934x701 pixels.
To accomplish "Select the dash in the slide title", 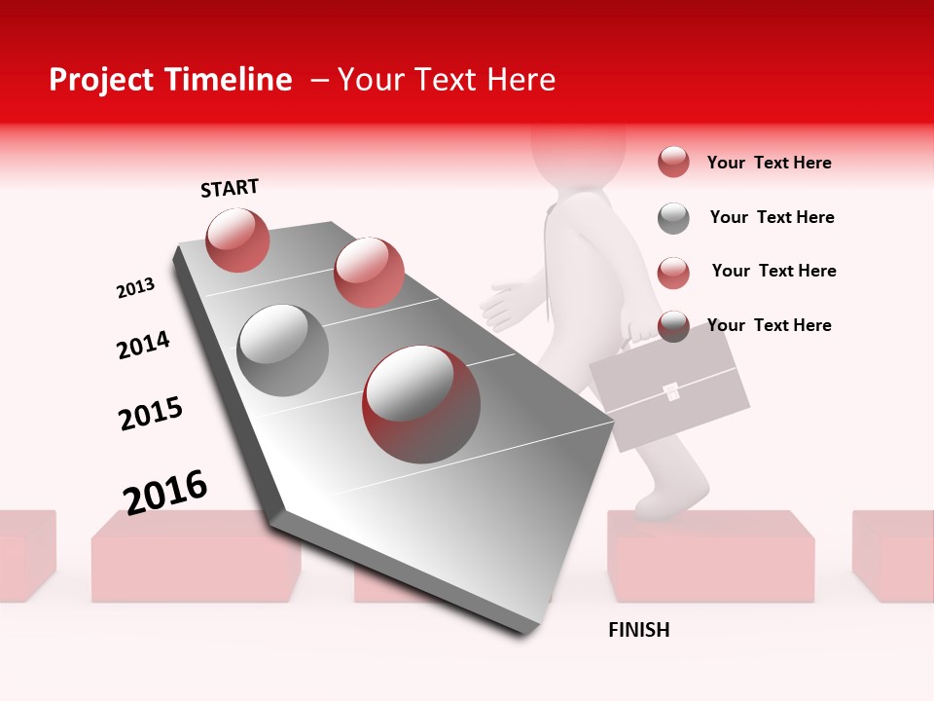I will point(319,80).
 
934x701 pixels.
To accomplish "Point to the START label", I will point(230,188).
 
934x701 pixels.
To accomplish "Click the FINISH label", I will point(638,630).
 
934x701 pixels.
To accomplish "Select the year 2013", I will point(136,288).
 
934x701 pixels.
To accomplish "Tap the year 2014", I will point(143,345).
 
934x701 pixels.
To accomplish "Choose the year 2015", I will point(151,414).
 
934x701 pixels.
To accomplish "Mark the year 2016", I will point(165,491).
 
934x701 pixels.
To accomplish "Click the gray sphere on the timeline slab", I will point(282,350).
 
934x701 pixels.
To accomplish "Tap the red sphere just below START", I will point(237,240).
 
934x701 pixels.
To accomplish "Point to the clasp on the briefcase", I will point(671,392).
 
